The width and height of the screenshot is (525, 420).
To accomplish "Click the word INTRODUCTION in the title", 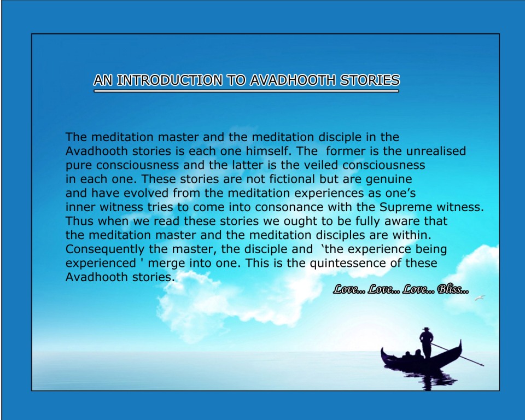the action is [170, 80].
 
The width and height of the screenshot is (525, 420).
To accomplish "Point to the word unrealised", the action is [436, 151].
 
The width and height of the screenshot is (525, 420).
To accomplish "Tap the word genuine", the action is [389, 180].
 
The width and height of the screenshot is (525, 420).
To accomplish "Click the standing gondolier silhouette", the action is [426, 342].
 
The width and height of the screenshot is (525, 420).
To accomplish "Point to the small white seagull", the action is [480, 297].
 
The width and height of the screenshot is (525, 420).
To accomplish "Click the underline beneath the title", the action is [247, 91].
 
